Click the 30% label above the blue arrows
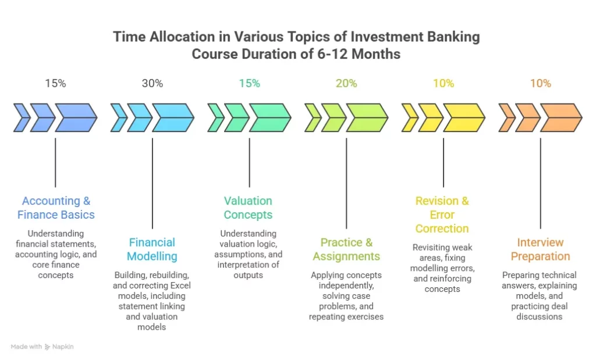click(x=152, y=83)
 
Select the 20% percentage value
click(x=346, y=83)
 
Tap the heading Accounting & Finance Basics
click(x=56, y=208)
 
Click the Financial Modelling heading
click(x=152, y=249)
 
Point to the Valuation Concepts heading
click(x=249, y=208)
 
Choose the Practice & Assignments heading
click(x=346, y=249)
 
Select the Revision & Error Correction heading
click(x=442, y=215)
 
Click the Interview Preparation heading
click(x=540, y=249)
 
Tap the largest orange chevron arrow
click(x=560, y=117)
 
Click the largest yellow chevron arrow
click(x=464, y=117)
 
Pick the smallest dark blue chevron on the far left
click(x=22, y=117)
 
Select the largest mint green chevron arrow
click(x=270, y=117)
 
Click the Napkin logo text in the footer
click(x=63, y=347)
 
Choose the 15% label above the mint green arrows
click(x=249, y=83)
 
